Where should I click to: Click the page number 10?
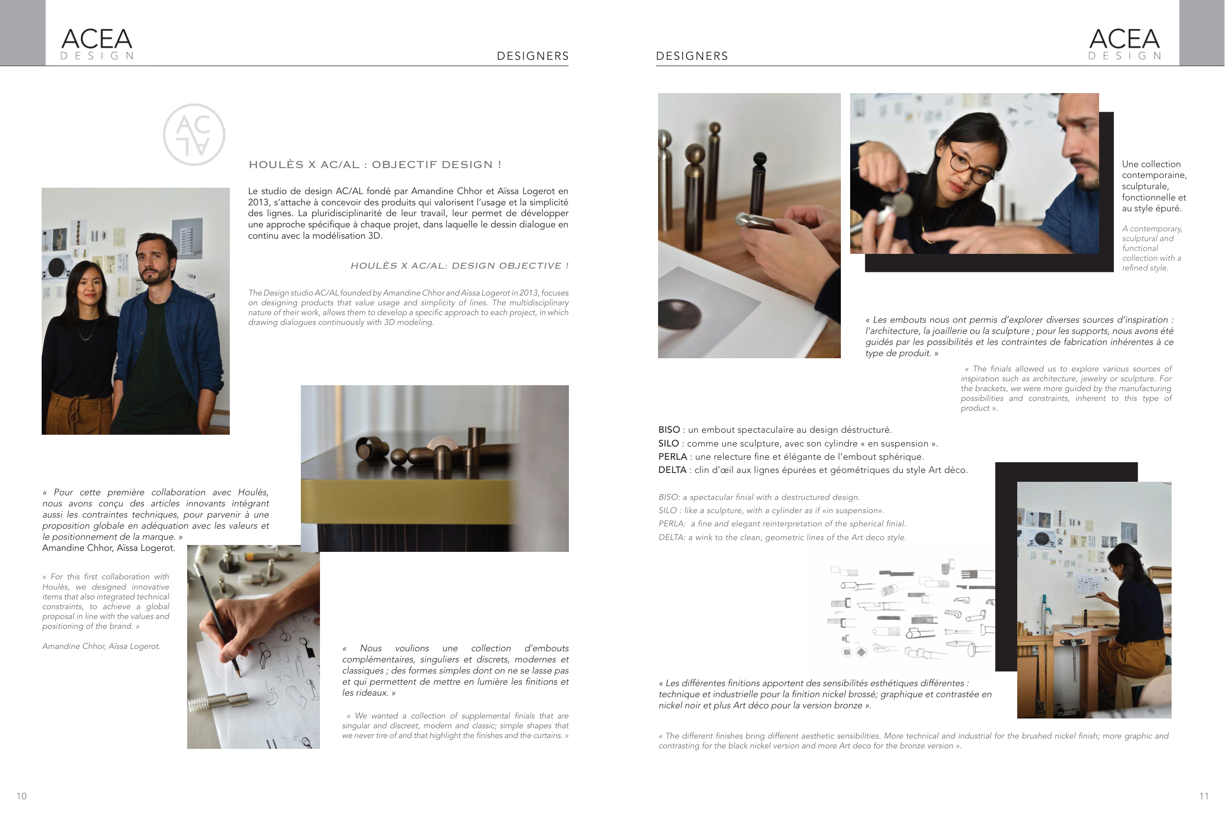(x=22, y=796)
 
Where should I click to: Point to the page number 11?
(x=1203, y=796)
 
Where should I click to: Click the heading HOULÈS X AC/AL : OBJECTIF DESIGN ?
(x=375, y=165)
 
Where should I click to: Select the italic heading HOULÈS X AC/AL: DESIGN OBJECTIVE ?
(x=460, y=266)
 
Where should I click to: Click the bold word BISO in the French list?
(x=669, y=430)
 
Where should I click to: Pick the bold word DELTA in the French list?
(x=672, y=470)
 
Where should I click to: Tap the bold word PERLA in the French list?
(x=673, y=457)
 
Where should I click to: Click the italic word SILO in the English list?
(x=668, y=511)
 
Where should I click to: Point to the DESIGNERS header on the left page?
(x=533, y=56)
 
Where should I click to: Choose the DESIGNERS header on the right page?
(x=692, y=56)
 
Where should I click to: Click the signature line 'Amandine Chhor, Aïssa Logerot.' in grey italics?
(x=101, y=646)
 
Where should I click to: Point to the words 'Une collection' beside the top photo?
(x=1151, y=164)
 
